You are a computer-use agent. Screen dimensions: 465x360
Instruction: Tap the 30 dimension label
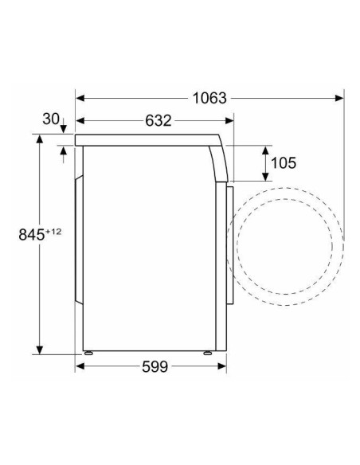coord(50,119)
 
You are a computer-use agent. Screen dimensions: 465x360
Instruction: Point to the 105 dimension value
coord(283,163)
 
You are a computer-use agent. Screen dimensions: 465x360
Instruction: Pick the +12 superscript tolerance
coord(53,231)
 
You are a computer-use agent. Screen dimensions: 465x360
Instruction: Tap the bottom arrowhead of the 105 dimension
coord(264,178)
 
